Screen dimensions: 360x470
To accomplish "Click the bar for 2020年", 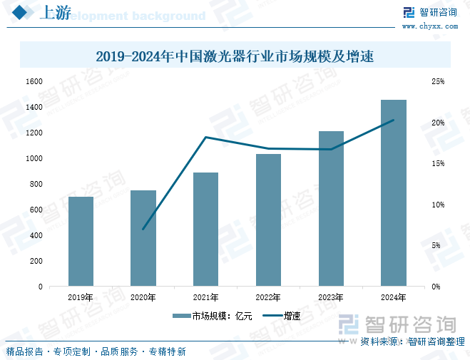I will pos(143,238).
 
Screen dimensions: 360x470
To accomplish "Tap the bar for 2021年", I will pos(205,229).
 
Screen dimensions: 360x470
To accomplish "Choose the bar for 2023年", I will pos(331,208).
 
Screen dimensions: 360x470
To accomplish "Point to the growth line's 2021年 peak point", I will pos(206,137).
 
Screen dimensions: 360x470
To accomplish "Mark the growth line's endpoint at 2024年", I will pos(394,120).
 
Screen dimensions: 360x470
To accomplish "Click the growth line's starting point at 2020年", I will pos(143,230).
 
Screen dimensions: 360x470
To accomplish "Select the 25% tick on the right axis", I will pos(437,82).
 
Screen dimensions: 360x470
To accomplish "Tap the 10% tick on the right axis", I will pos(437,205).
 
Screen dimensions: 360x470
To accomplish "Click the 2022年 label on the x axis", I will pos(268,297).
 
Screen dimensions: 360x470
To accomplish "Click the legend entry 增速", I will pos(283,316).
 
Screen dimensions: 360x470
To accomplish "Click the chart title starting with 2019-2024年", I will pos(235,55).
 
